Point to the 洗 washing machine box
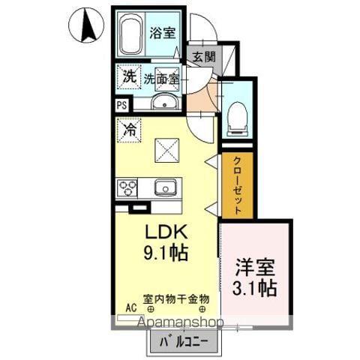pyautogui.click(x=128, y=76)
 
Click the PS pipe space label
pyautogui.click(x=121, y=106)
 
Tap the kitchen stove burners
pyautogui.click(x=127, y=187)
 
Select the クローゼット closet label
pyautogui.click(x=236, y=186)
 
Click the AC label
pyautogui.click(x=130, y=307)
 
